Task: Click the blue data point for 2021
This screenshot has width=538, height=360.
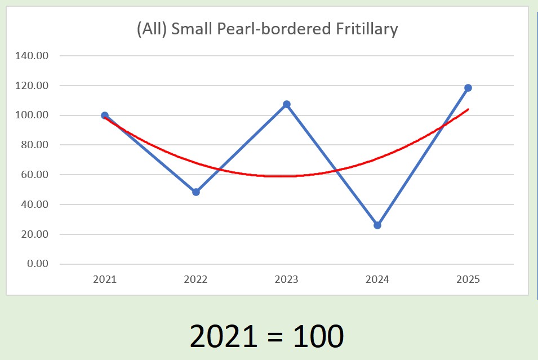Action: pos(105,115)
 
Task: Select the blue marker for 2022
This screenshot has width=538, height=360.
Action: pos(196,192)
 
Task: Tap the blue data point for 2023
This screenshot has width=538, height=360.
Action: pos(287,104)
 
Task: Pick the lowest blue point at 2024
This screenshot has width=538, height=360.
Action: pos(377,225)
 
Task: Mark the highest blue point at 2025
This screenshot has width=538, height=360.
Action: pos(468,88)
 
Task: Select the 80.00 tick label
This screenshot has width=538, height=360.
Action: pos(36,145)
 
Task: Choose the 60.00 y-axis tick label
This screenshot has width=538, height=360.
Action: pos(36,175)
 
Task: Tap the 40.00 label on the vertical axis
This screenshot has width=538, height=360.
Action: pos(36,205)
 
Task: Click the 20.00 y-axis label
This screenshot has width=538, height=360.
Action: pos(36,234)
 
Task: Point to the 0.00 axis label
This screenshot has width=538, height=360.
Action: pos(38,264)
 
